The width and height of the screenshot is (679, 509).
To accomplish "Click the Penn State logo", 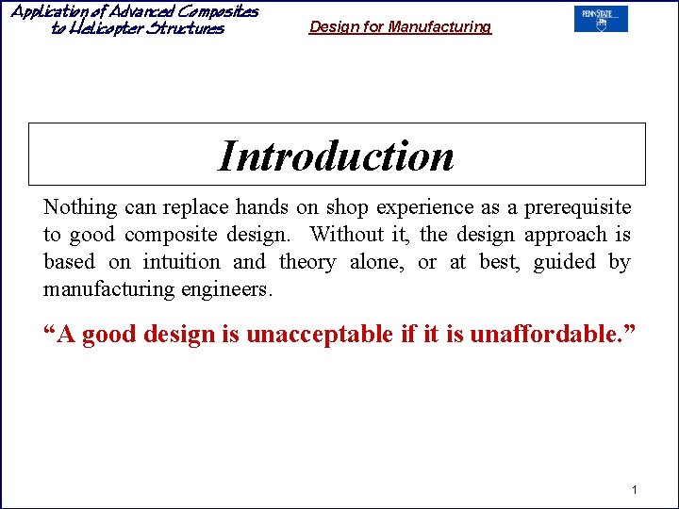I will click(x=601, y=20).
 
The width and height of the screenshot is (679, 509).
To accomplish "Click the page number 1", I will click(x=635, y=489).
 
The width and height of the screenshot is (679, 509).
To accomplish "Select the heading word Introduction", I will click(x=337, y=156).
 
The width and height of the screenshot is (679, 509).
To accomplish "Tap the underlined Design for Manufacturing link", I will click(x=400, y=27).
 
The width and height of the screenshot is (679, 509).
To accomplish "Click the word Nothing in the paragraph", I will click(x=80, y=207).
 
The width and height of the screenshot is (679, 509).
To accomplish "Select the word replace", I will click(x=197, y=207).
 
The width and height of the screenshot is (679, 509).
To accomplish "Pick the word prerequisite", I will click(x=577, y=207).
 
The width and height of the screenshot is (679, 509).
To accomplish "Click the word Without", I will click(x=349, y=235).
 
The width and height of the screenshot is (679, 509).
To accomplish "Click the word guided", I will click(x=564, y=262).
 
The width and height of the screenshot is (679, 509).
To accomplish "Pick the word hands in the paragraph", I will click(x=261, y=207).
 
